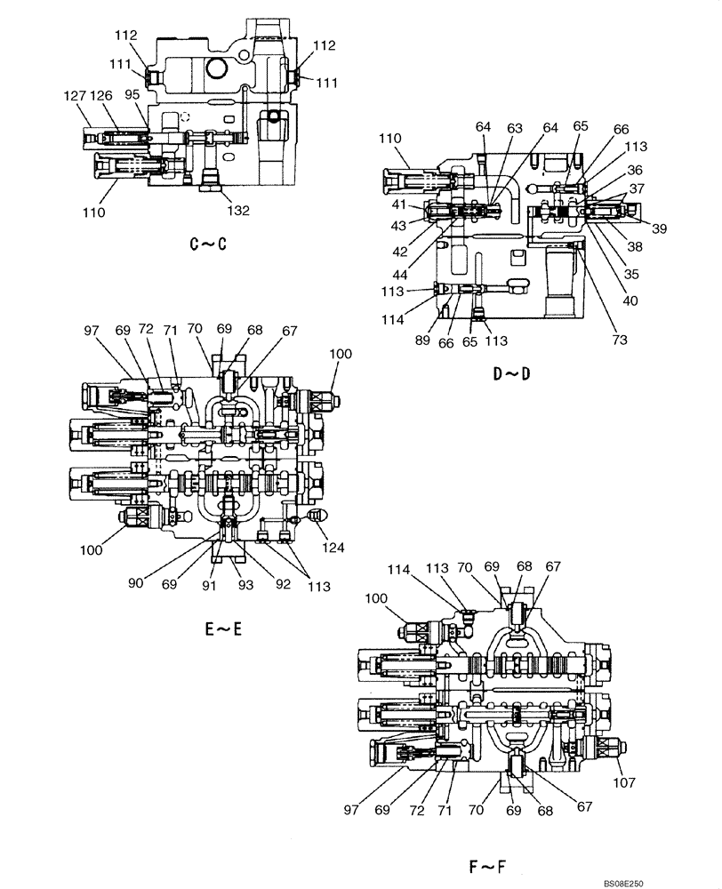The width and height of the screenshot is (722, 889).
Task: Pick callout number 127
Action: (75, 95)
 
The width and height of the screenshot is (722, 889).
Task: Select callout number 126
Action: (100, 95)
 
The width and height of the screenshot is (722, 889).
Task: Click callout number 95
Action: (132, 95)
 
